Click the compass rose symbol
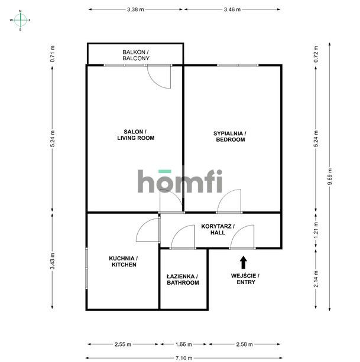pyautogui.click(x=21, y=20)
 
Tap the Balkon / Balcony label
pyautogui.click(x=135, y=56)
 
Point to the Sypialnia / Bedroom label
pyautogui.click(x=229, y=136)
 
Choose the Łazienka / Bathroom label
pyautogui.click(x=183, y=279)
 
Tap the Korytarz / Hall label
pyautogui.click(x=218, y=229)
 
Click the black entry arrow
pyautogui.click(x=243, y=262)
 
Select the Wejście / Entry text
pyautogui.click(x=245, y=279)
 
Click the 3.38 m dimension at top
pyautogui.click(x=135, y=9)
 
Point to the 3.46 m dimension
pyautogui.click(x=232, y=9)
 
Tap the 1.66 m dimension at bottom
pyautogui.click(x=184, y=344)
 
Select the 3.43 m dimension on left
pyautogui.click(x=52, y=261)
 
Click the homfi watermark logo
pyautogui.click(x=180, y=181)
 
